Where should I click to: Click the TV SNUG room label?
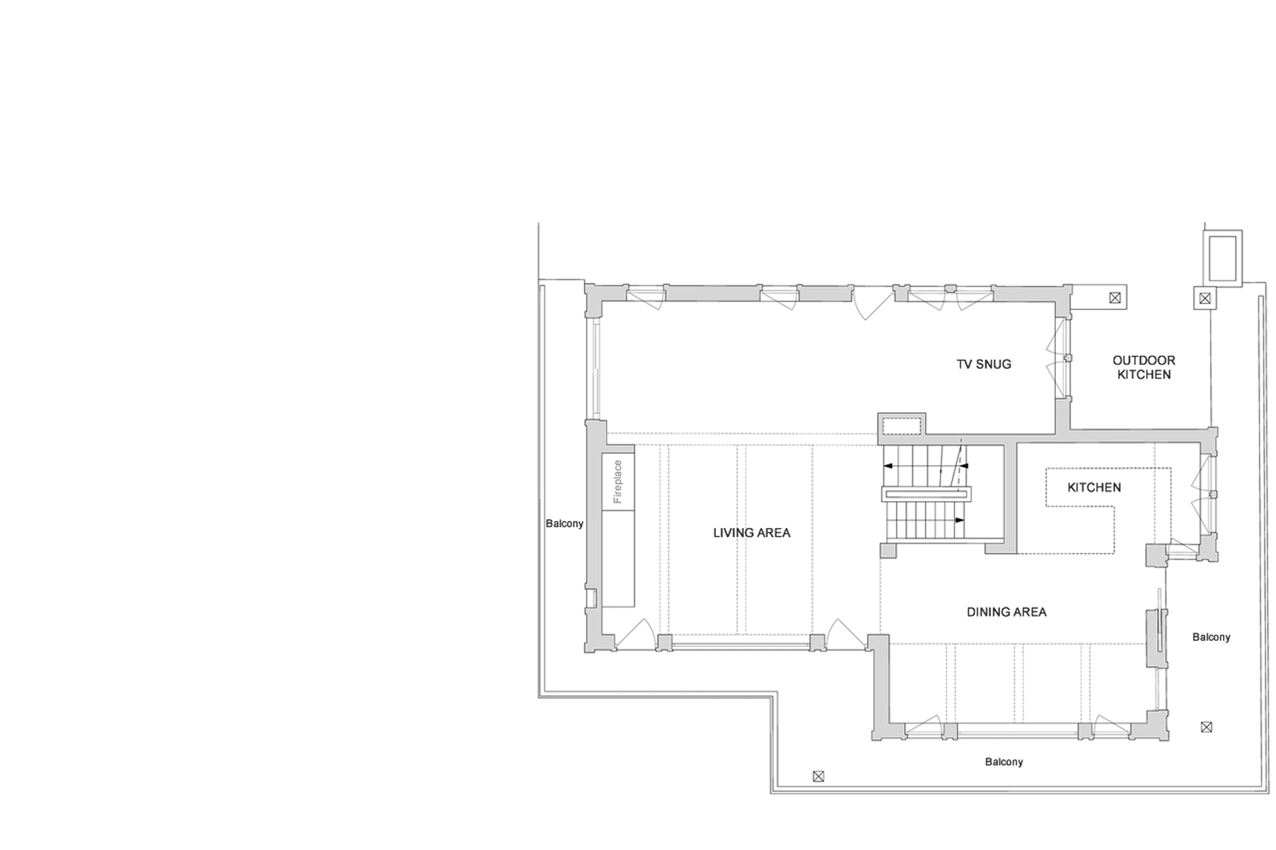coord(983,364)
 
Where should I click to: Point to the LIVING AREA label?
coord(751,533)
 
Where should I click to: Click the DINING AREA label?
coord(1006,612)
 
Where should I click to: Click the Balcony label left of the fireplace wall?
coord(564,524)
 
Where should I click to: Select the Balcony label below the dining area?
coord(1003,762)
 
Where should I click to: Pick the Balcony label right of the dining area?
coord(1211,637)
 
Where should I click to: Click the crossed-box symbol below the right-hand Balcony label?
coord(1206,727)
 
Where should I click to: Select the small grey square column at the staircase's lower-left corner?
coord(888,551)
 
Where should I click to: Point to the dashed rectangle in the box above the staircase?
coord(901,425)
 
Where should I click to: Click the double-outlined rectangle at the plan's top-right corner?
coord(1222,258)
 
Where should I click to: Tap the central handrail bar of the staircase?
coord(926,494)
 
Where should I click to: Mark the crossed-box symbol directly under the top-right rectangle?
coord(1205,298)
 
